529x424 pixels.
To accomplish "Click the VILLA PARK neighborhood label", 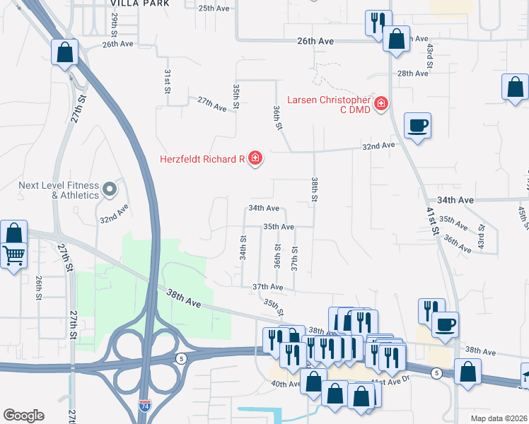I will [x=140, y=4].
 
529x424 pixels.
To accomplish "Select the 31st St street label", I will [x=168, y=81].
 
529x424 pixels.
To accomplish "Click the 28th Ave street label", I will [x=414, y=73].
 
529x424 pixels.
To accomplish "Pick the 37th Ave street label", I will [x=268, y=288].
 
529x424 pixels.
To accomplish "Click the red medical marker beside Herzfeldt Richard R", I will [x=255, y=159].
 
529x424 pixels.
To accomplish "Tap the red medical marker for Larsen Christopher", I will [x=381, y=105].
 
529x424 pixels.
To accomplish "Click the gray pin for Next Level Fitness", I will [x=109, y=189].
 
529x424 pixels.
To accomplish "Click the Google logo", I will [x=23, y=416].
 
